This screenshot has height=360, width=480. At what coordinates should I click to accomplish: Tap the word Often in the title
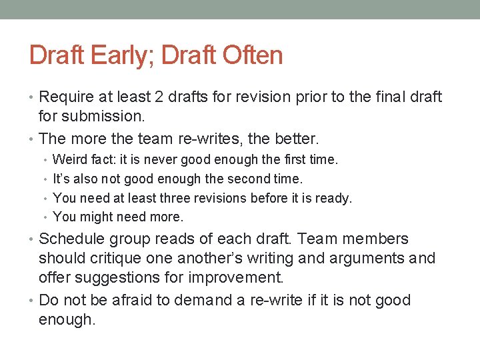coord(253,55)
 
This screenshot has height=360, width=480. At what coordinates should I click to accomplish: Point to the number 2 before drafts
coord(160,97)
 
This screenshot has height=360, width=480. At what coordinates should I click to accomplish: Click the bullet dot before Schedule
coord(33,239)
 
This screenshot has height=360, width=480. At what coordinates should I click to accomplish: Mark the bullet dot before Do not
coord(33,301)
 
